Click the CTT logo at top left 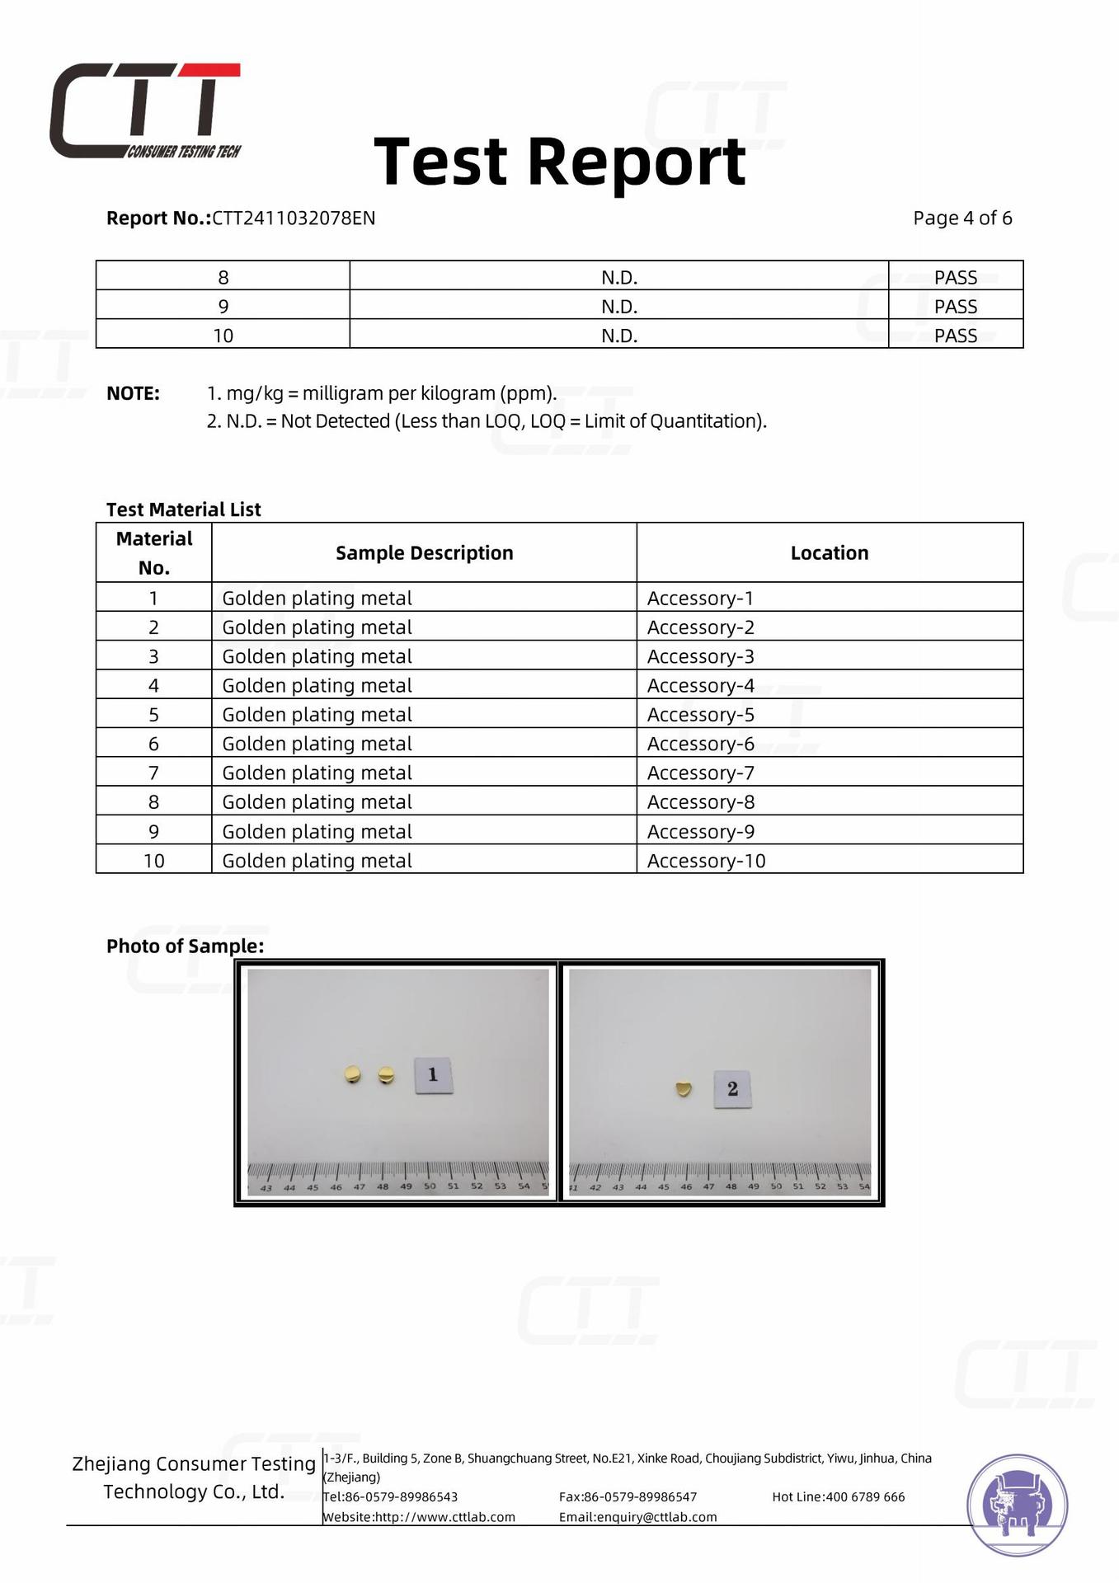pyautogui.click(x=145, y=110)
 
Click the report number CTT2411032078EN pyautogui.click(x=294, y=218)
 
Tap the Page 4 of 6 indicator pyautogui.click(x=961, y=218)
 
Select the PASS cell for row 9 pyautogui.click(x=955, y=307)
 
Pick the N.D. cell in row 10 pyautogui.click(x=618, y=336)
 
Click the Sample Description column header pyautogui.click(x=424, y=553)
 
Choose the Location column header pyautogui.click(x=829, y=553)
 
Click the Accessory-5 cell pyautogui.click(x=700, y=715)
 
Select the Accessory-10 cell pyautogui.click(x=706, y=861)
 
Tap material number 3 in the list pyautogui.click(x=153, y=656)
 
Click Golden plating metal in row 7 pyautogui.click(x=317, y=773)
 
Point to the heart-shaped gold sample pyautogui.click(x=683, y=1089)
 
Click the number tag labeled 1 pyautogui.click(x=433, y=1074)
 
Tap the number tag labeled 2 pyautogui.click(x=732, y=1089)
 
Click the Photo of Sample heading pyautogui.click(x=185, y=946)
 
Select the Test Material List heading pyautogui.click(x=183, y=510)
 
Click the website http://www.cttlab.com pyautogui.click(x=444, y=1517)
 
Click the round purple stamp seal pyautogui.click(x=1017, y=1505)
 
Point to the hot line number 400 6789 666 pyautogui.click(x=865, y=1496)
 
